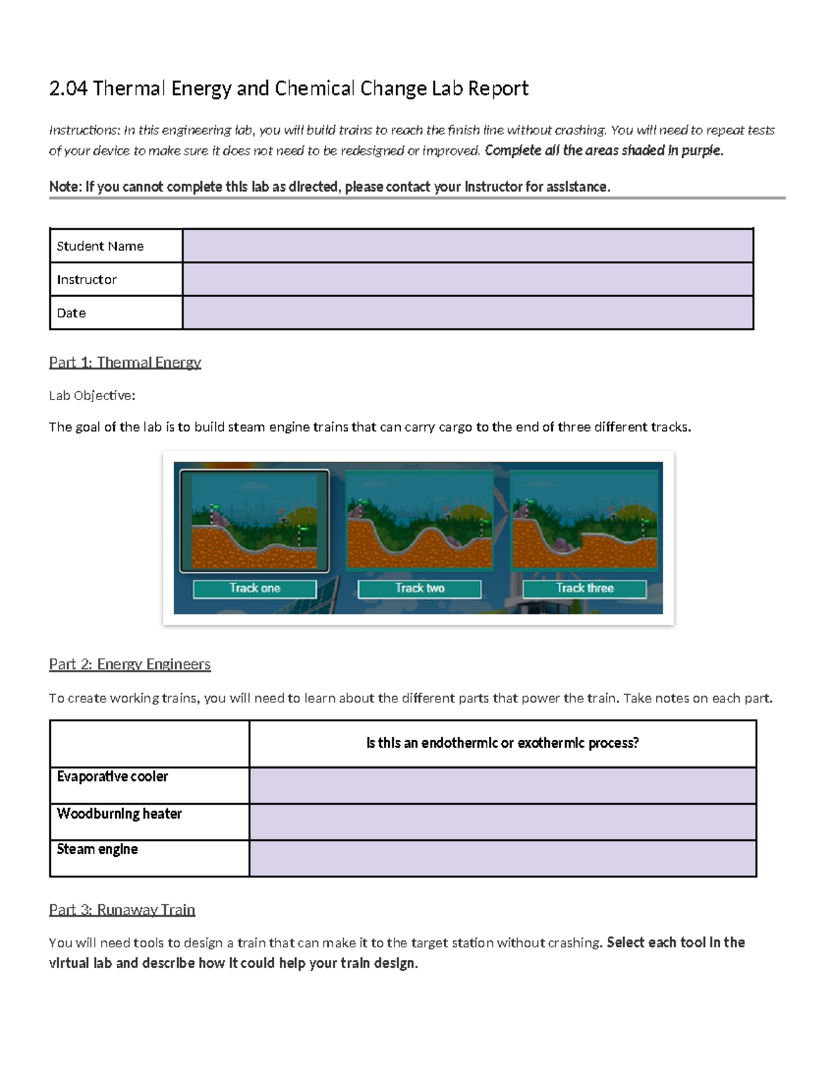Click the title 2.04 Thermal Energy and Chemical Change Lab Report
click(288, 88)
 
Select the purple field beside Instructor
click(468, 279)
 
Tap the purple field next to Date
click(468, 313)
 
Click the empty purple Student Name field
click(468, 246)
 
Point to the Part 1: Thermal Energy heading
click(125, 362)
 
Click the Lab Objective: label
click(92, 395)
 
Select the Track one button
click(255, 589)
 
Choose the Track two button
click(420, 589)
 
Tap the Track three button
click(584, 589)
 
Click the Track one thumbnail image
click(254, 521)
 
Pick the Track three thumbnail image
click(584, 521)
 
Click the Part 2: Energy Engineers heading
click(129, 664)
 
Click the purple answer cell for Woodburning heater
click(502, 822)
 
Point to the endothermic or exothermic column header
click(502, 743)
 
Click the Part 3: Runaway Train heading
click(122, 910)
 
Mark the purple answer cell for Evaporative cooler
click(502, 786)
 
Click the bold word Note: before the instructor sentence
click(65, 187)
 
